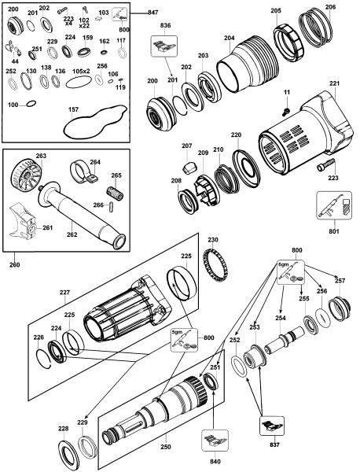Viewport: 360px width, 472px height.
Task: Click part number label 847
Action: (152, 13)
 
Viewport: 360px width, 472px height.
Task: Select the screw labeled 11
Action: (286, 111)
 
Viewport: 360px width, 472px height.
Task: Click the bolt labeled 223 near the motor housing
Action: (325, 164)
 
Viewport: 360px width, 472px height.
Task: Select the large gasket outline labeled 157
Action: (94, 122)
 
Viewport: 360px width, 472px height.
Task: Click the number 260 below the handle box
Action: (15, 264)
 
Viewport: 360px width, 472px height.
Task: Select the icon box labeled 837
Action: (272, 426)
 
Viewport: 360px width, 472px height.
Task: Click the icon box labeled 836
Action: (164, 46)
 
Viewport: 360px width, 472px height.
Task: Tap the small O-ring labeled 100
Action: (31, 104)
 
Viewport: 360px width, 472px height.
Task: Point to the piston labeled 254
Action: (285, 340)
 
